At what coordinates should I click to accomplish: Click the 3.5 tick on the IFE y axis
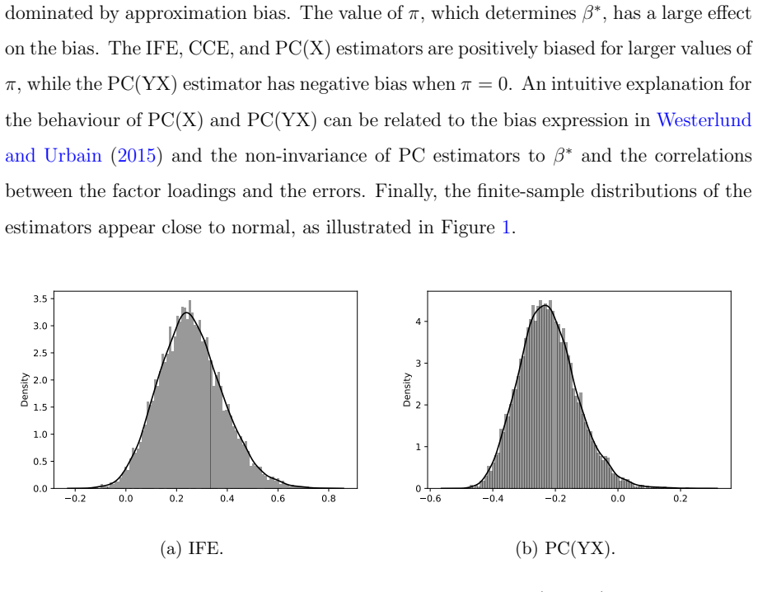[x=40, y=299]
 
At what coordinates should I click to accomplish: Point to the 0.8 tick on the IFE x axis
[x=329, y=498]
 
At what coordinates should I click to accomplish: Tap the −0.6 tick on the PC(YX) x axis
[x=430, y=498]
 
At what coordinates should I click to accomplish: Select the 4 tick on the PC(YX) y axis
[x=419, y=322]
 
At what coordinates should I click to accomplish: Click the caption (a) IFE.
[x=192, y=548]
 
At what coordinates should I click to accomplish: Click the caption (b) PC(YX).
[x=565, y=548]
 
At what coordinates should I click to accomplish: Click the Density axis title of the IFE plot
[x=25, y=390]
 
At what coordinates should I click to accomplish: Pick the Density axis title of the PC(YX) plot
[x=407, y=390]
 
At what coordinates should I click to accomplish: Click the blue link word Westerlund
[x=704, y=120]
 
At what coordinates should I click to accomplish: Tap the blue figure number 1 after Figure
[x=506, y=227]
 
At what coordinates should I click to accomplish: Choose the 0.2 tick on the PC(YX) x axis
[x=681, y=498]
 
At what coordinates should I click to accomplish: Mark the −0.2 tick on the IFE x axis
[x=75, y=498]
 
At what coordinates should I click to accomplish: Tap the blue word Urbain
[x=73, y=156]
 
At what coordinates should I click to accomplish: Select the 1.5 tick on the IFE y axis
[x=40, y=407]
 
